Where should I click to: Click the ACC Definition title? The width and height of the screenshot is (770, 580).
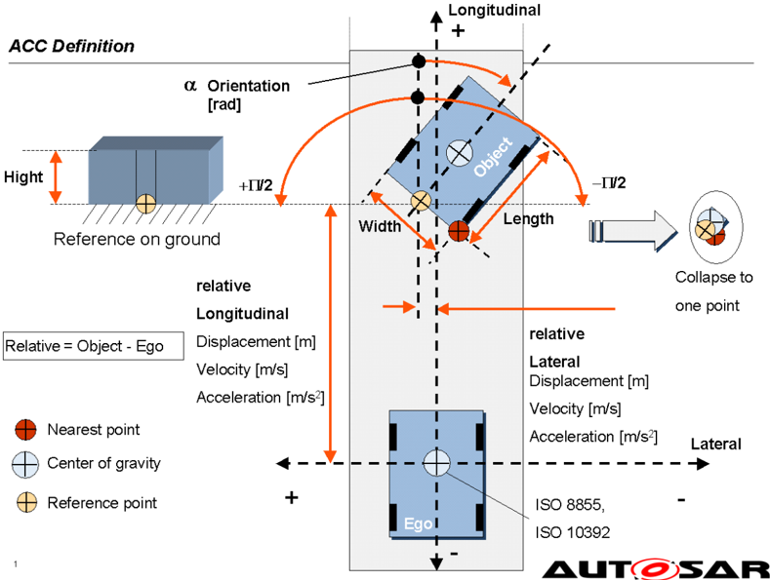(71, 46)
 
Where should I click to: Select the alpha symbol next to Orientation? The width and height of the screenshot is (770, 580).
(190, 86)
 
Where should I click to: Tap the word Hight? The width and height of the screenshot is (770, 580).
(23, 176)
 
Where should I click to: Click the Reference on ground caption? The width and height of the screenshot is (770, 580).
(137, 239)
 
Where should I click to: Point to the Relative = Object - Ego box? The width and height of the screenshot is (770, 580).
(94, 346)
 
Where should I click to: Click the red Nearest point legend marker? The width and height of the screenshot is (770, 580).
(25, 430)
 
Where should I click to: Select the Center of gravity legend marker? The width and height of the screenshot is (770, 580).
(25, 464)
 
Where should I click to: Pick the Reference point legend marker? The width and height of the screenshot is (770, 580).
(26, 503)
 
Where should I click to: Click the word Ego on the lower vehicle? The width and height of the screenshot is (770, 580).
(418, 524)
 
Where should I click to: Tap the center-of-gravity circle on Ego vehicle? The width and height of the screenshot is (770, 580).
(436, 463)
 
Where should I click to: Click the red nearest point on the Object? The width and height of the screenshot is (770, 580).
(459, 231)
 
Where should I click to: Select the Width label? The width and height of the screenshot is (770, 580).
(380, 226)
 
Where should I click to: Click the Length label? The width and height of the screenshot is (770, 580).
(528, 219)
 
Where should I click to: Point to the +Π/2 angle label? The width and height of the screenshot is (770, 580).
(256, 185)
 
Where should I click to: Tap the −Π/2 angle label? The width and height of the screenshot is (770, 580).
(609, 183)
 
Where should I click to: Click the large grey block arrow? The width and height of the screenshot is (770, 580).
(632, 231)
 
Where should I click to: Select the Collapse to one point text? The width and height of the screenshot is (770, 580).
(713, 291)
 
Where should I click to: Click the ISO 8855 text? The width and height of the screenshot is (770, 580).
(570, 504)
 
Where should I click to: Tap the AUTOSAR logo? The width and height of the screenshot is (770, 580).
(656, 569)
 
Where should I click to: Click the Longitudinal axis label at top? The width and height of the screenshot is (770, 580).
(494, 11)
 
